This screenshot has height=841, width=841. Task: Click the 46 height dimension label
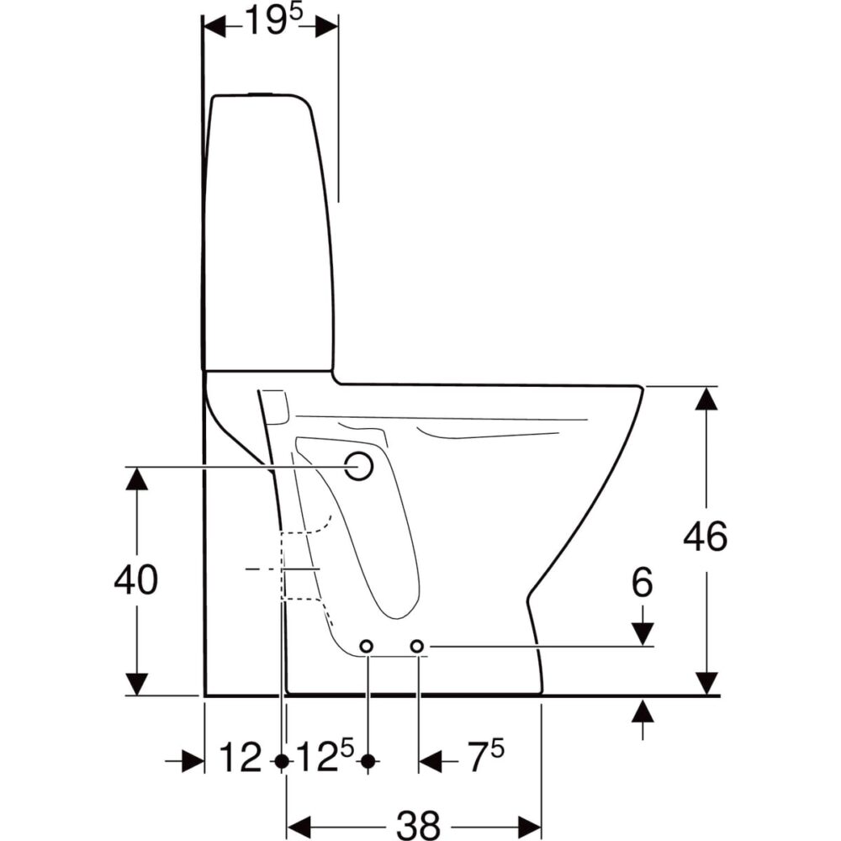706,536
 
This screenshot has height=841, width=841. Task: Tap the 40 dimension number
136,579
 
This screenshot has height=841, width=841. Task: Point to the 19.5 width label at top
273,22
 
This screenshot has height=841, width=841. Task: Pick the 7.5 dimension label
486,755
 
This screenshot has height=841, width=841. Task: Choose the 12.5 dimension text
325,755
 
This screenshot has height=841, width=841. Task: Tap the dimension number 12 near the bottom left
241,758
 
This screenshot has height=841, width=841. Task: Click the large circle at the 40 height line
359,466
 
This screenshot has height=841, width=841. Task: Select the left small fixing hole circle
367,646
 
